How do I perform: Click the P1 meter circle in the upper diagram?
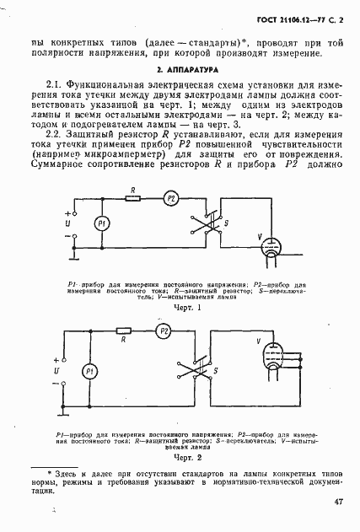101,223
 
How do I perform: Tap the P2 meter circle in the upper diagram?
171,199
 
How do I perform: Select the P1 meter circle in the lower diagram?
86,373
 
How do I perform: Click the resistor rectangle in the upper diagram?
133,199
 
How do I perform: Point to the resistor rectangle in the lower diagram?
123,331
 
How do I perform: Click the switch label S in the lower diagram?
218,370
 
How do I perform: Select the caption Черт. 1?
183,309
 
